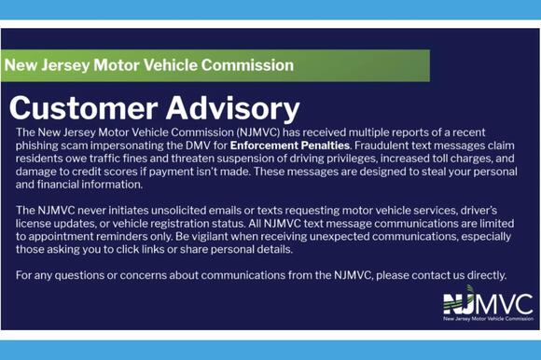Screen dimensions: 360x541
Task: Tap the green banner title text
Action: pos(148,65)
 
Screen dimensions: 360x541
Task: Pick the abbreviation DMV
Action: pos(197,146)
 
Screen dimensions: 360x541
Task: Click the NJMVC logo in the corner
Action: pos(487,303)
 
